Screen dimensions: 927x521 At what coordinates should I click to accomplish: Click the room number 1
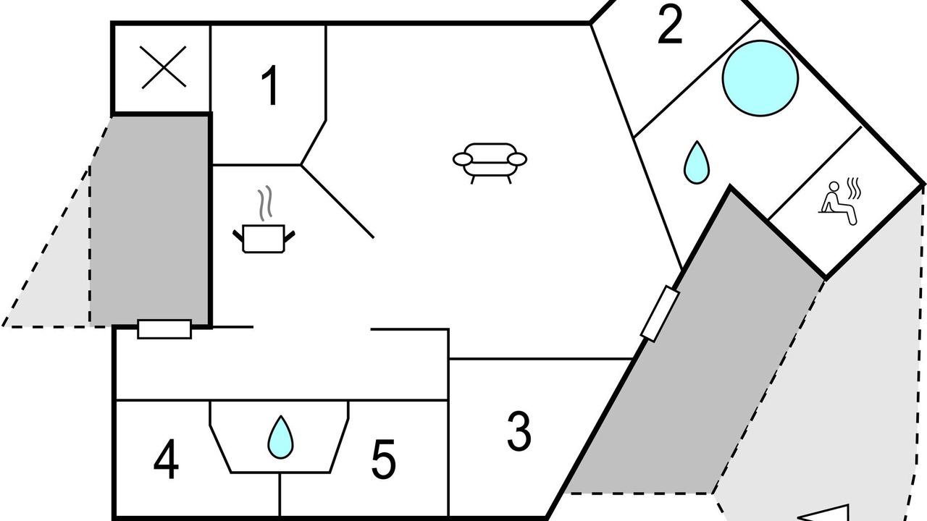pyautogui.click(x=270, y=85)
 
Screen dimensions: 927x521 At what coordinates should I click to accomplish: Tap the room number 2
pyautogui.click(x=670, y=25)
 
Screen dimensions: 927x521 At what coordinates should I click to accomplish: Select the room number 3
pyautogui.click(x=519, y=431)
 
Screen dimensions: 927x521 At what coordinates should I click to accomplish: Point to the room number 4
pyautogui.click(x=166, y=459)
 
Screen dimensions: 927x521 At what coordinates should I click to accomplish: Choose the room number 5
pyautogui.click(x=383, y=459)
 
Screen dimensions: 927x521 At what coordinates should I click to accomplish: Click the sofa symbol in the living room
pyautogui.click(x=490, y=163)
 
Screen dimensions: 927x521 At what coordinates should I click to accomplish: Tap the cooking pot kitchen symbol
pyautogui.click(x=264, y=239)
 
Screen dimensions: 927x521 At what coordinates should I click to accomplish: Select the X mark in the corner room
pyautogui.click(x=164, y=67)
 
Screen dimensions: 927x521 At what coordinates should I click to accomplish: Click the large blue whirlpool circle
pyautogui.click(x=760, y=78)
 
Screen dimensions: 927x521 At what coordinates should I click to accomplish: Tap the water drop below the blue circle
pyautogui.click(x=697, y=163)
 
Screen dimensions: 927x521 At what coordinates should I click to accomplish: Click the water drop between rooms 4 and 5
pyautogui.click(x=280, y=437)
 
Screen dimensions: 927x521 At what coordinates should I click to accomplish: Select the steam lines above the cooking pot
pyautogui.click(x=265, y=203)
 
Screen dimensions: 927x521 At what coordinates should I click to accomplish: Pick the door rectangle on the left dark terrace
pyautogui.click(x=164, y=329)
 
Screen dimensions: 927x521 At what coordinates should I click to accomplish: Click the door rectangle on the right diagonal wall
pyautogui.click(x=660, y=313)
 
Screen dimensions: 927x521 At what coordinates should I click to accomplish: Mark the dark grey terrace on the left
pyautogui.click(x=150, y=221)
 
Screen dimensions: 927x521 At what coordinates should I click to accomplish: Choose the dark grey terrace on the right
pyautogui.click(x=700, y=352)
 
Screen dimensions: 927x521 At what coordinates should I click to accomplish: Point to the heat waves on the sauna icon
pyautogui.click(x=854, y=188)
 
